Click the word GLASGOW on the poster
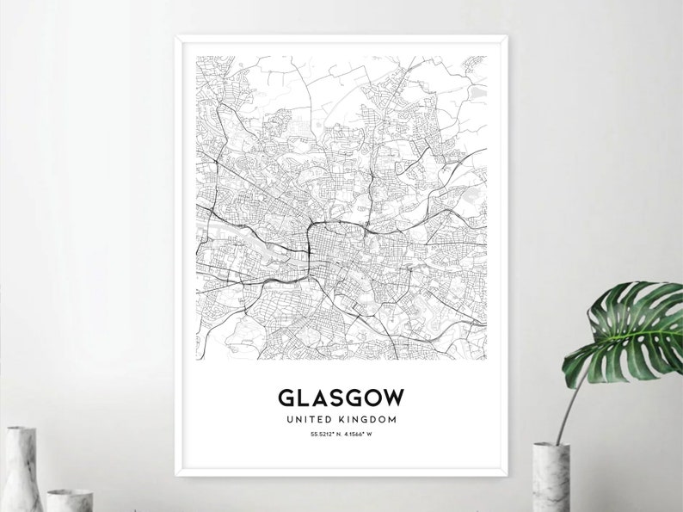pos(341,398)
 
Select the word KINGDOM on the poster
pos(367,419)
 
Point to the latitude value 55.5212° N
pos(325,434)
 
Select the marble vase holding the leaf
pos(551,478)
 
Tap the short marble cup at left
pos(69,500)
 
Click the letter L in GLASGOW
pos(305,398)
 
